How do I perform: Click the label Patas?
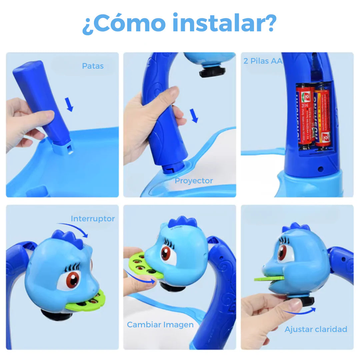(x=93, y=66)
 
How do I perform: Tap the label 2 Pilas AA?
(x=263, y=61)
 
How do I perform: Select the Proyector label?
(x=194, y=181)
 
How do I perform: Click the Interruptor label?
(x=93, y=219)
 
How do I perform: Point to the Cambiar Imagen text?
(x=160, y=324)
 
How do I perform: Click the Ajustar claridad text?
(x=316, y=329)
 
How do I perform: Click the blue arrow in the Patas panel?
(x=69, y=104)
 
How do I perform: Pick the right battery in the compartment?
(x=322, y=117)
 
